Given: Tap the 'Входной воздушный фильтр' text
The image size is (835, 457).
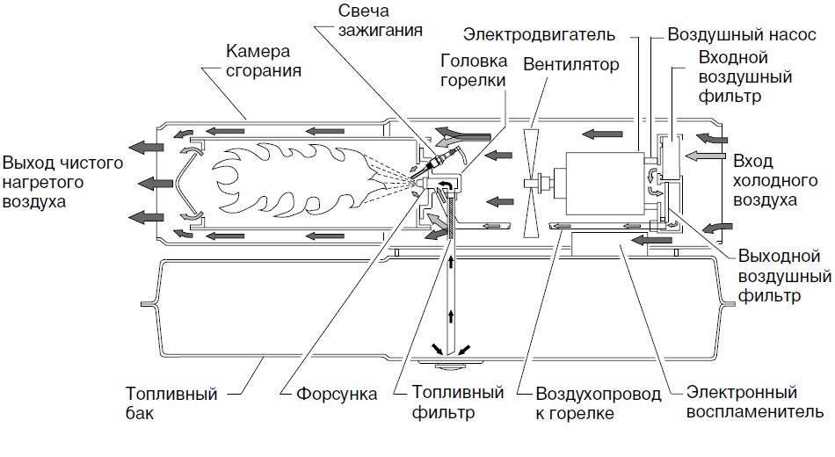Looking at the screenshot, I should [x=734, y=76].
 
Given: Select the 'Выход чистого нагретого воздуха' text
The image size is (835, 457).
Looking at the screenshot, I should [x=62, y=182].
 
